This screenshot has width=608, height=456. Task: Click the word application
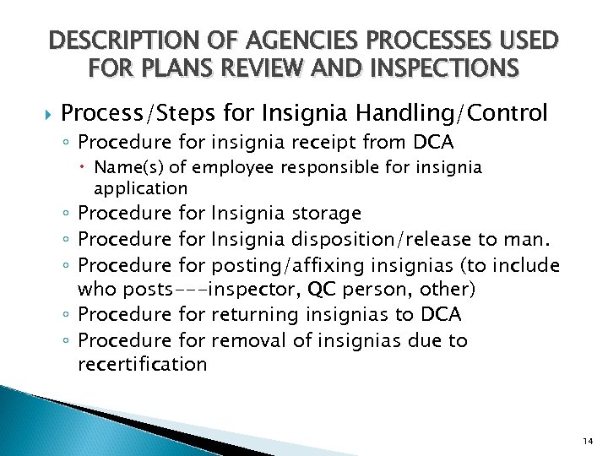pyautogui.click(x=140, y=187)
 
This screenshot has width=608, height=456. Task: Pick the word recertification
pyautogui.click(x=142, y=365)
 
